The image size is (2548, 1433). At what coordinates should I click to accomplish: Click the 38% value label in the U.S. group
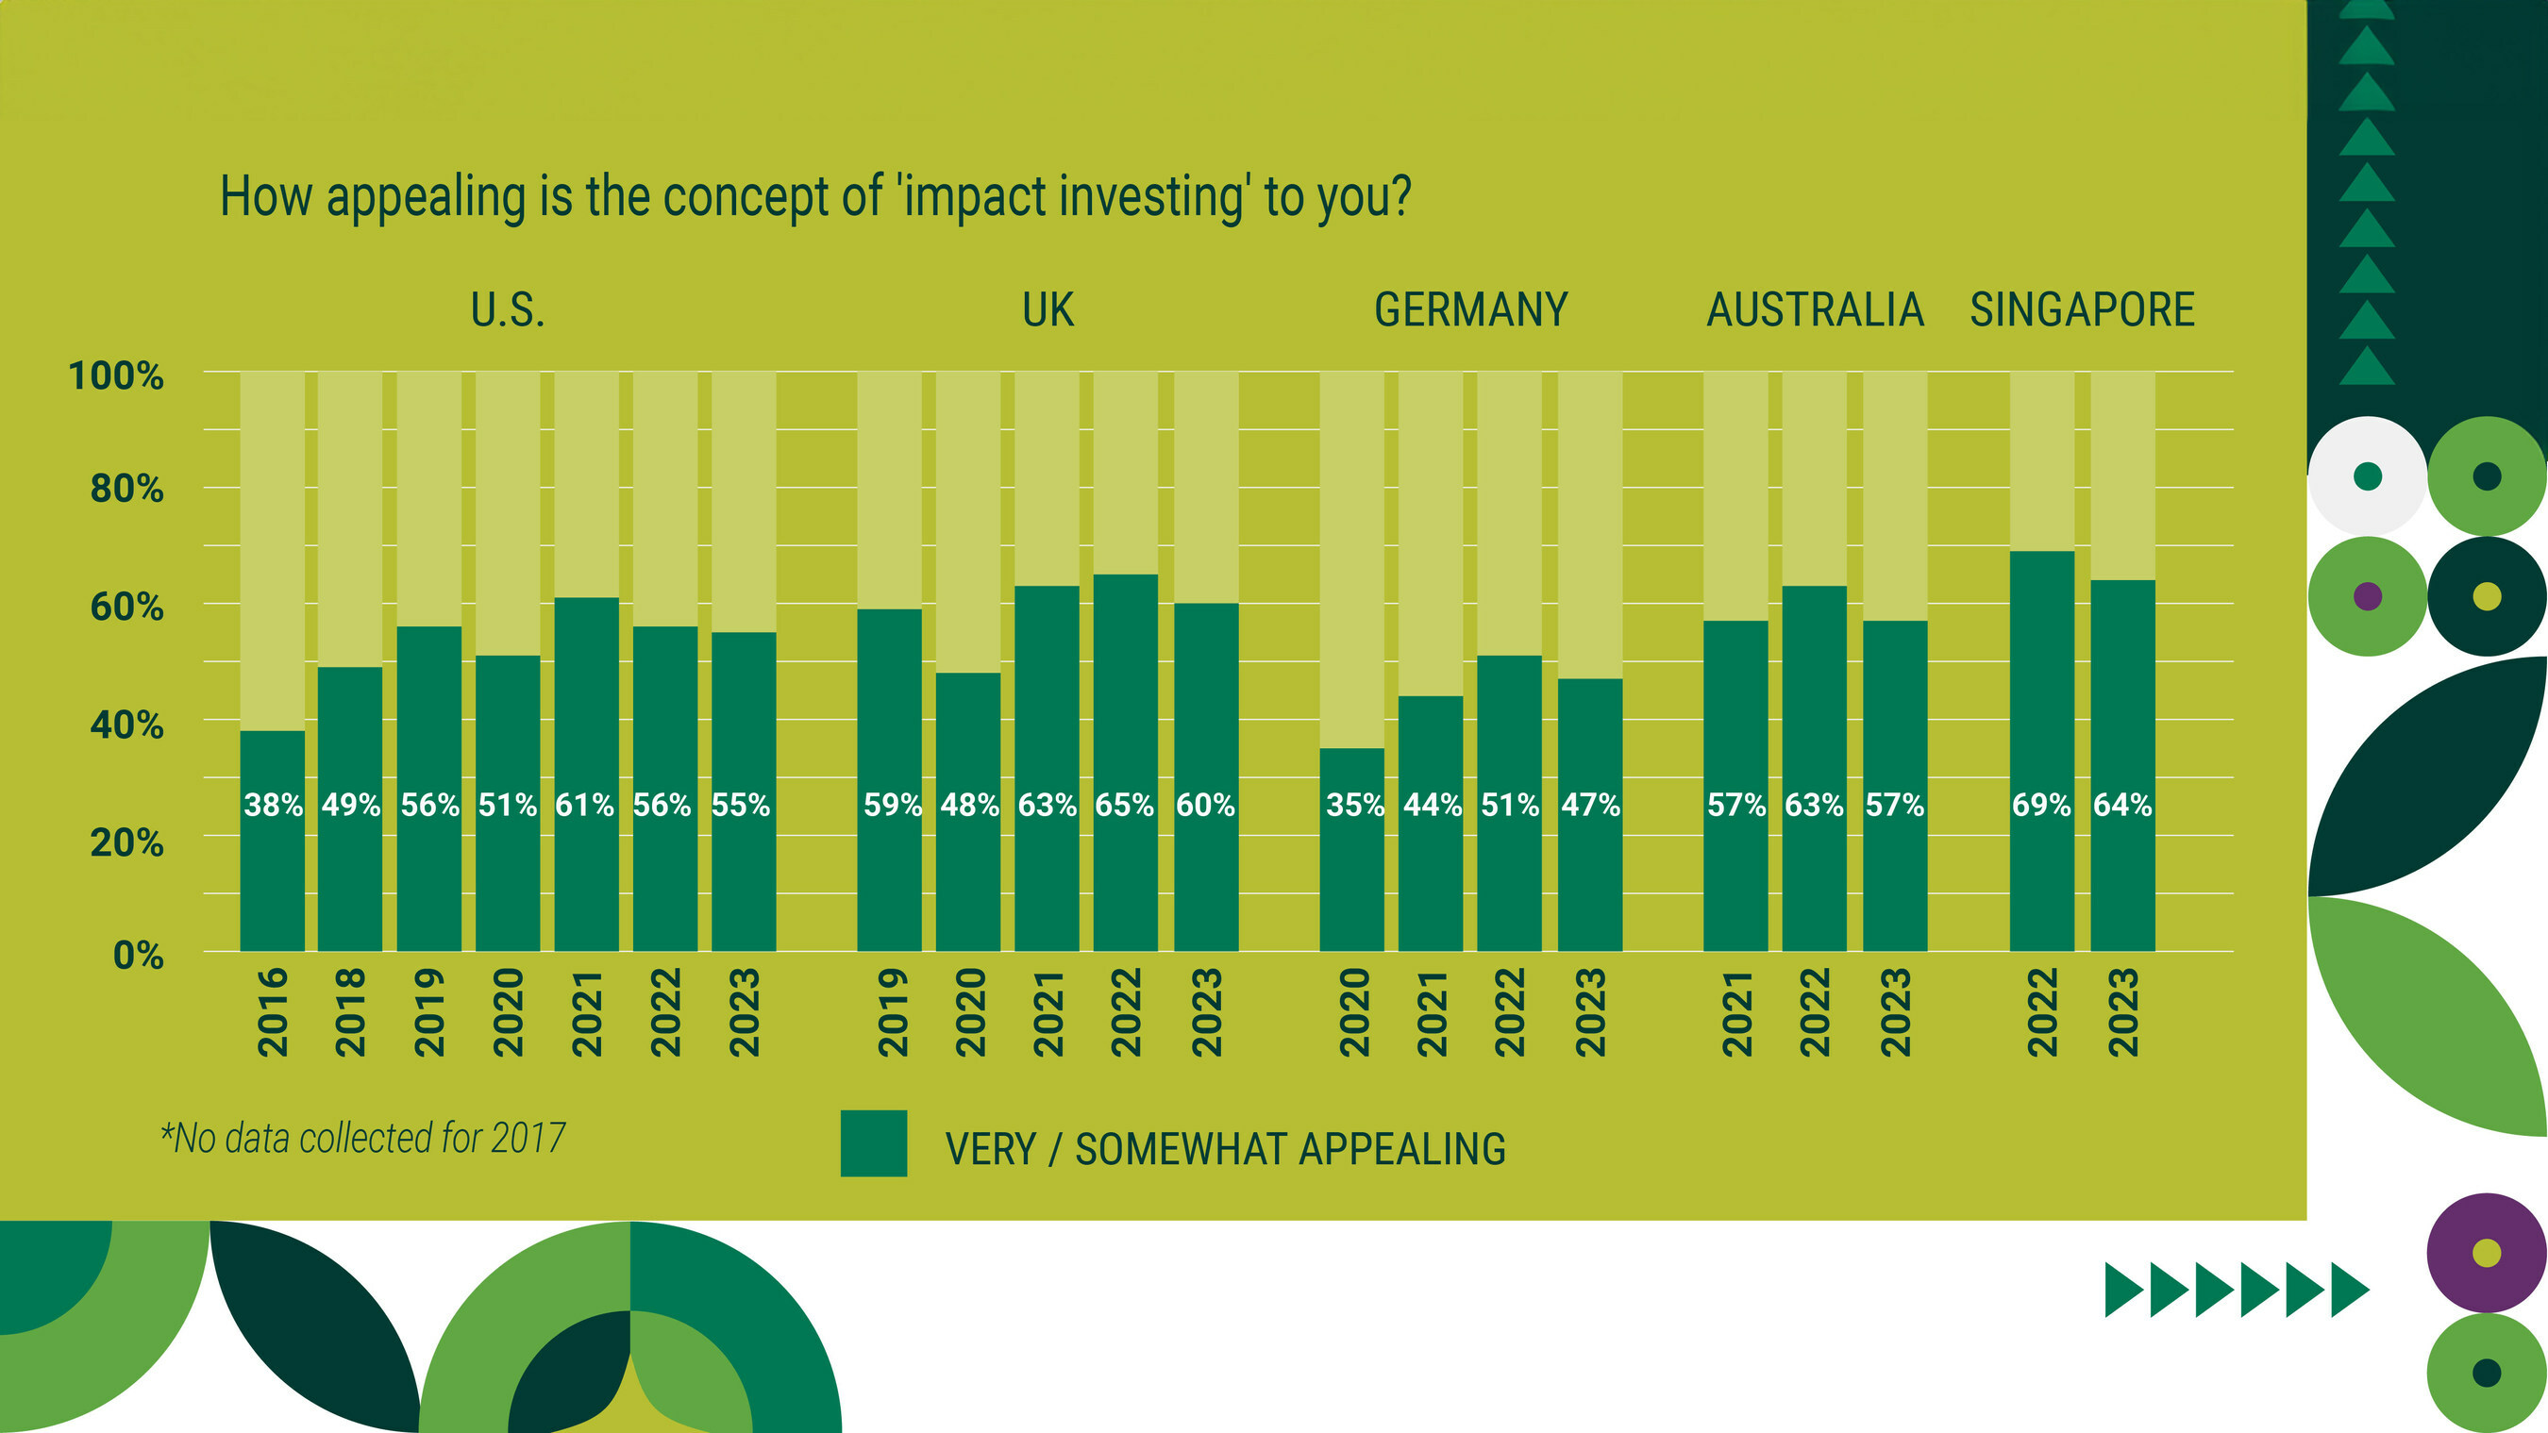coord(273,805)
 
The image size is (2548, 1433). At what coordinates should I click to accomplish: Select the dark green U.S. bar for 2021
coord(587,775)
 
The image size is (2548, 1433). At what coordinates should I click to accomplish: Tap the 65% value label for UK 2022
coord(1125,805)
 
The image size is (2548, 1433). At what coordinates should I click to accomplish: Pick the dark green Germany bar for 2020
coord(1352,849)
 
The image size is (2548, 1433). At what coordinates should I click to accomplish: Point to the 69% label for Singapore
coord(2041,805)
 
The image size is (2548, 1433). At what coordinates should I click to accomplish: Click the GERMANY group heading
coord(1471,309)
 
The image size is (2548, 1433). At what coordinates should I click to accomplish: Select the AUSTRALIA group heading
coord(1815,309)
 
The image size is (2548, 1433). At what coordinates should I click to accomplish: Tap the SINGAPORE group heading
coord(2082,309)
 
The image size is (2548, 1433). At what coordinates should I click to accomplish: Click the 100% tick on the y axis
coord(116,375)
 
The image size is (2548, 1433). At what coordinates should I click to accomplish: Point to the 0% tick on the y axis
coord(139,956)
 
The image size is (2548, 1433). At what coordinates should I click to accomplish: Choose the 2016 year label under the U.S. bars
coord(273,1012)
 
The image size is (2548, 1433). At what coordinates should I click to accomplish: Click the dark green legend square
coord(874,1143)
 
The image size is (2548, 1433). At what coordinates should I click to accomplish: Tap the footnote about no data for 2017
coord(363,1139)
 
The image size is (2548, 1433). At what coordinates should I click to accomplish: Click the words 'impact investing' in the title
coord(1072,197)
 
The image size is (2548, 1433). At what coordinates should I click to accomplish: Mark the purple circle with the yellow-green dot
coord(2487,1253)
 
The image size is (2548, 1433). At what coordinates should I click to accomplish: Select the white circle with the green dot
coord(2368,476)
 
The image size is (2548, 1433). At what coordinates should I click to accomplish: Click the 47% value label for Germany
coord(1590,805)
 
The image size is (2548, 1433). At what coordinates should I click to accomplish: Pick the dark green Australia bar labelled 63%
coord(1815,769)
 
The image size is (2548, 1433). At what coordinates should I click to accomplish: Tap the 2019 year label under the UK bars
coord(893,1012)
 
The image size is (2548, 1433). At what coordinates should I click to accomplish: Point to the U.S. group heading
coord(508,309)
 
